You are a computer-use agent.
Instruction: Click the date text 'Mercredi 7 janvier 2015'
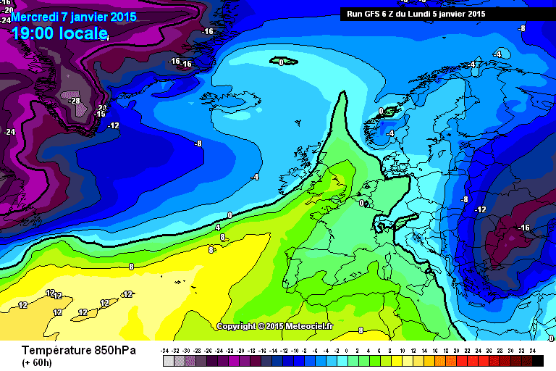pos(59,17)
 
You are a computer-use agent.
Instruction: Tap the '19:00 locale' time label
pos(59,33)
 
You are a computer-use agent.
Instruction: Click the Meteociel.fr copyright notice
pos(274,326)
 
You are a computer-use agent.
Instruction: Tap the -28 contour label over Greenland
pos(74,101)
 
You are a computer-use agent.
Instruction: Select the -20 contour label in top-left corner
pos(7,11)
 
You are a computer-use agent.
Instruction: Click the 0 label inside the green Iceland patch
pos(280,63)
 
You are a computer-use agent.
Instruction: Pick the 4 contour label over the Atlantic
pos(217,228)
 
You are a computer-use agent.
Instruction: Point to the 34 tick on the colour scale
pos(532,351)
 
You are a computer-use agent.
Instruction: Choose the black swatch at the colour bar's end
pos(532,360)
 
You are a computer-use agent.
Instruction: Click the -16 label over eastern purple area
pos(524,228)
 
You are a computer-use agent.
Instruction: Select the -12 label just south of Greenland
pos(113,125)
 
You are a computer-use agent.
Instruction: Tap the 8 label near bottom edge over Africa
pos(361,330)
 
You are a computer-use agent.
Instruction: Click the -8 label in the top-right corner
pos(521,28)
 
